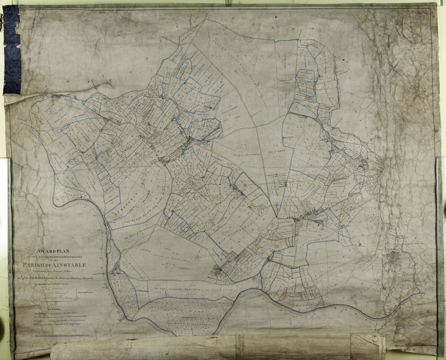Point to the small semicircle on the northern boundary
pyautogui.click(x=248, y=39)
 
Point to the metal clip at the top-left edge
pyautogui.click(x=1, y=19)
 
